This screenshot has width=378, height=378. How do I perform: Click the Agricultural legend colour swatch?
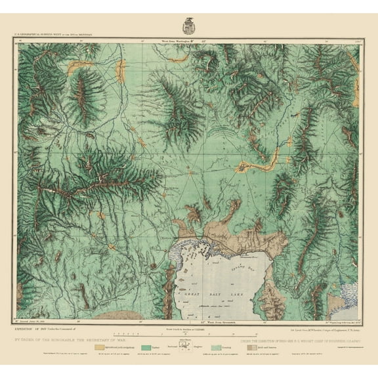coord(102,341)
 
